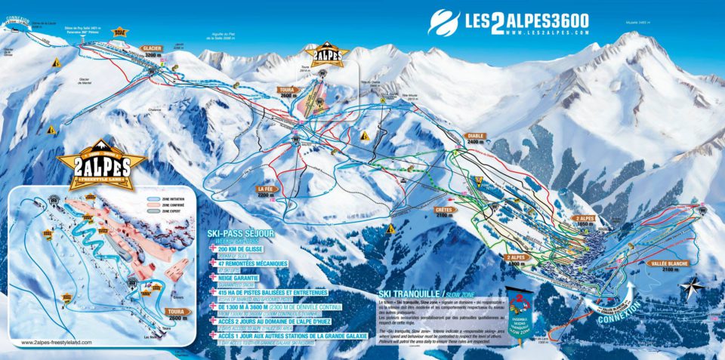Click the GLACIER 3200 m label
(x=152, y=51)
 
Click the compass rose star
(x=690, y=288)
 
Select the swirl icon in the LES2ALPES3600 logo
(x=443, y=22)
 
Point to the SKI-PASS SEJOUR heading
(x=240, y=234)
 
